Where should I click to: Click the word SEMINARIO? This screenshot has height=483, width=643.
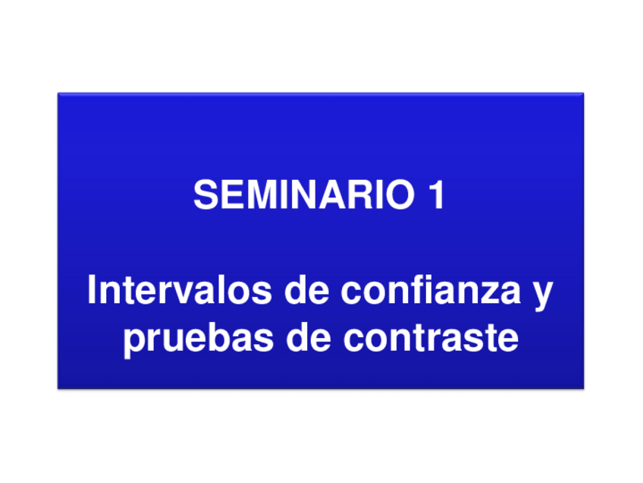304,194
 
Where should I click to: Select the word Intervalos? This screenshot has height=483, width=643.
179,289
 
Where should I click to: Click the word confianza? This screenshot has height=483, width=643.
431,289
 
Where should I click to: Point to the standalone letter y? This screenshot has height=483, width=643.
543,295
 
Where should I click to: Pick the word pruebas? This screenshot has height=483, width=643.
199,338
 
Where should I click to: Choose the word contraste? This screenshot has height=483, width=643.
431,338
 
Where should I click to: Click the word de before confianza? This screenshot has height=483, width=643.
307,289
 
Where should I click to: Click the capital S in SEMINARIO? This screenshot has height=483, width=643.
205,194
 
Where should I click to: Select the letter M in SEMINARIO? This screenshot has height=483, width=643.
261,194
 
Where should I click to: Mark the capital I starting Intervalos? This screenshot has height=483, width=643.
91,289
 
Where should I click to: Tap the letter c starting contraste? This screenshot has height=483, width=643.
354,341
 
